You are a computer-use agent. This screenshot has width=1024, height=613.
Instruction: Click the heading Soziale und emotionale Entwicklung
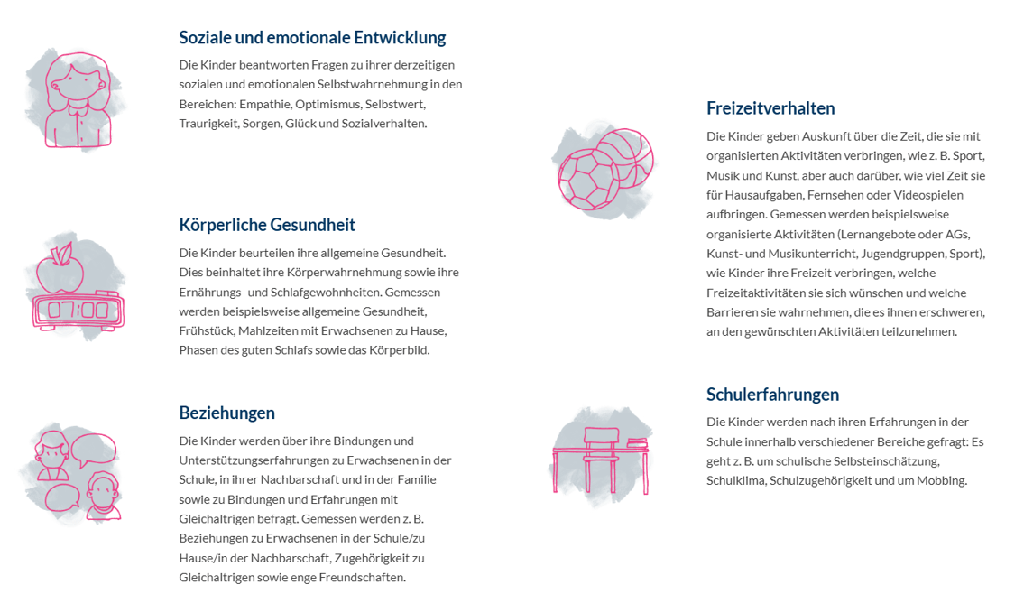coord(312,38)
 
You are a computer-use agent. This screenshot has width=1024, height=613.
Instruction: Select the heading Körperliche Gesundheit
coord(267,225)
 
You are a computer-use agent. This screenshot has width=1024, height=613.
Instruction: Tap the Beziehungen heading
coord(226,413)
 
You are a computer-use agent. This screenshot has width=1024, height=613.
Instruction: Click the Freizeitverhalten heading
coord(770,108)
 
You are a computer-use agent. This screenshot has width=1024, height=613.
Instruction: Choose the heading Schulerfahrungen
coord(772,395)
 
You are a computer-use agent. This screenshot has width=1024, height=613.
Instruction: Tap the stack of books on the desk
coord(637,443)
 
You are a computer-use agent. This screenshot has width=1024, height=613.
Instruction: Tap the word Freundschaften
coord(362,577)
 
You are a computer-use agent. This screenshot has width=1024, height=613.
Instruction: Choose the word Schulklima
coord(735,480)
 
